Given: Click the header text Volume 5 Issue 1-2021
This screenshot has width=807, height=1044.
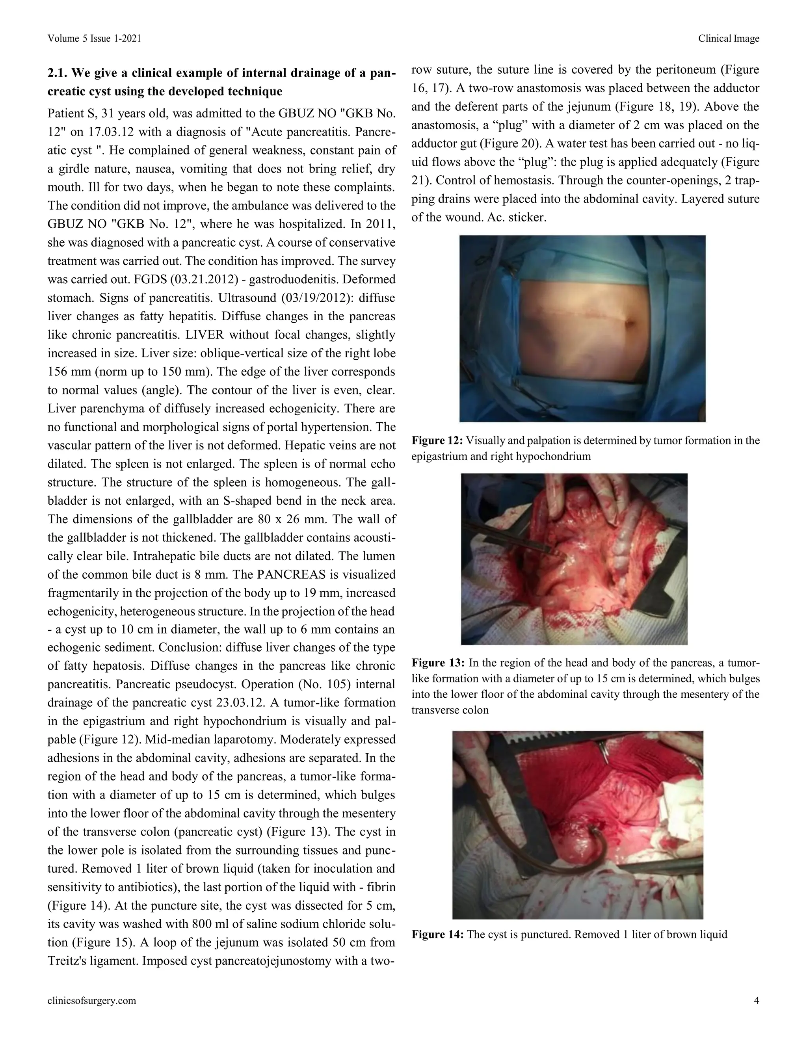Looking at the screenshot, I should point(94,39).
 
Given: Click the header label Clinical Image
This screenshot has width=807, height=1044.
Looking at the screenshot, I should point(728,39).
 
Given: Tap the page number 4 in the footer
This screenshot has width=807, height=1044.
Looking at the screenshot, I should point(756,1000).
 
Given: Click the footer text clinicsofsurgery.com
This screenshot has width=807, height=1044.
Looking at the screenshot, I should point(92,1000).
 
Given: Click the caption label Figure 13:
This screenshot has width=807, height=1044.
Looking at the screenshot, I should point(437,663).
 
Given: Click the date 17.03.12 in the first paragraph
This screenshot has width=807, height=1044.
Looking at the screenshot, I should point(90,132).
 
